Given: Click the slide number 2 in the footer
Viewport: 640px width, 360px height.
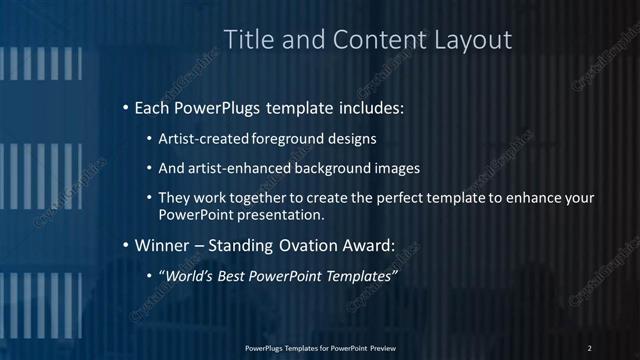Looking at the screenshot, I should tap(590, 348).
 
